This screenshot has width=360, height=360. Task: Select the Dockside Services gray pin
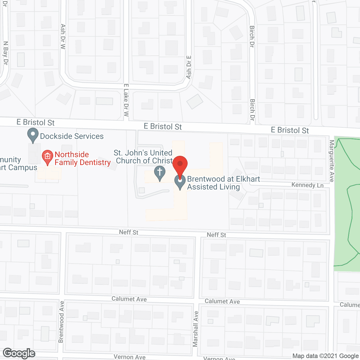point(33,135)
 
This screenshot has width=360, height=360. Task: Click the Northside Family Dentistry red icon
point(47,157)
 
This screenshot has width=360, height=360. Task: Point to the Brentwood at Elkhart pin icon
point(180,181)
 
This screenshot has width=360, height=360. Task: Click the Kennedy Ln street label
point(307,185)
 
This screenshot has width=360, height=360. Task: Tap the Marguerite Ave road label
point(332,161)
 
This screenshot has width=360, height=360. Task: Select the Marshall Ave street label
point(196,328)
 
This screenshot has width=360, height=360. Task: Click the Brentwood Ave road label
point(61,322)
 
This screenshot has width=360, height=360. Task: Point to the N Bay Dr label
point(6,53)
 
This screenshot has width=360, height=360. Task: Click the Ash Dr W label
point(63,37)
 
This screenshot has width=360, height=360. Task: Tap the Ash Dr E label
point(189,67)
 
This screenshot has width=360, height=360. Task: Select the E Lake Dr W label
point(126,100)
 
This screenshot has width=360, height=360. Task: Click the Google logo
point(19,353)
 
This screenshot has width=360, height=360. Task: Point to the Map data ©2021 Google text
point(325,356)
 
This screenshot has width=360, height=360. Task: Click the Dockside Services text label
point(72,136)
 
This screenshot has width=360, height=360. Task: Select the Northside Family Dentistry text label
point(82,158)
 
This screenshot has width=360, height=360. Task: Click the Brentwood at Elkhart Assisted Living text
point(223,183)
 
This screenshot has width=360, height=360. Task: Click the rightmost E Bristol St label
point(290,130)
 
